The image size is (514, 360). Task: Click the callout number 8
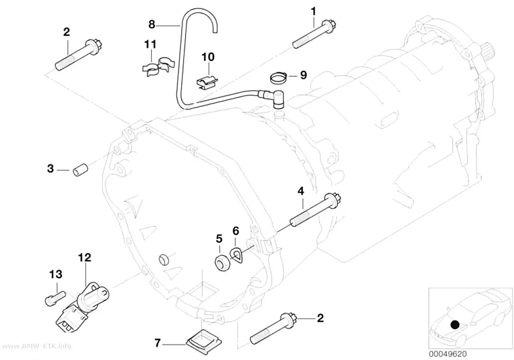[x=151, y=24]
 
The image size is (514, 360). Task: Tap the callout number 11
[x=150, y=44]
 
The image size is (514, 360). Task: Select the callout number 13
[x=56, y=274]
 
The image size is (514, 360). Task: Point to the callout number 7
[x=158, y=343]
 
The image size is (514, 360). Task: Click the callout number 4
[x=301, y=191]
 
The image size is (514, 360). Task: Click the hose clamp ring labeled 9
[x=279, y=77]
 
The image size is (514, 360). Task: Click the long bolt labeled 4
[x=316, y=211]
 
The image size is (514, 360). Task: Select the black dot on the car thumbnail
[x=455, y=325]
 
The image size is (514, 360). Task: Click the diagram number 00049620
[x=448, y=354]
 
